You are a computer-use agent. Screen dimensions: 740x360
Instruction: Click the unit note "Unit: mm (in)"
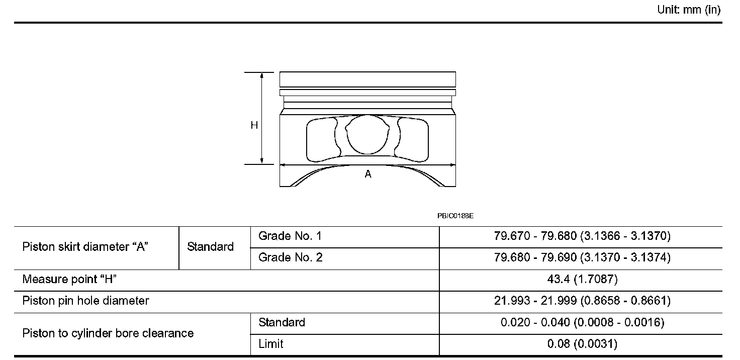click(689, 10)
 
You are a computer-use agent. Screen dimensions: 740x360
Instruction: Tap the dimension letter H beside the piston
click(254, 125)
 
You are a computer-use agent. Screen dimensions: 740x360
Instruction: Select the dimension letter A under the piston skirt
click(368, 174)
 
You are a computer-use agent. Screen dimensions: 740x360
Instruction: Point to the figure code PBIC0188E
click(455, 216)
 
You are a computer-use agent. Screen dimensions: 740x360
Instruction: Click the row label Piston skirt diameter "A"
click(85, 247)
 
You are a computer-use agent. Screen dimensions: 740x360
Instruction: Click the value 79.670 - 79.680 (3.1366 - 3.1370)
click(583, 236)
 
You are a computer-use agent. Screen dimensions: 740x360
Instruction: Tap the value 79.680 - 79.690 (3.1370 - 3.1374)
click(583, 257)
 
